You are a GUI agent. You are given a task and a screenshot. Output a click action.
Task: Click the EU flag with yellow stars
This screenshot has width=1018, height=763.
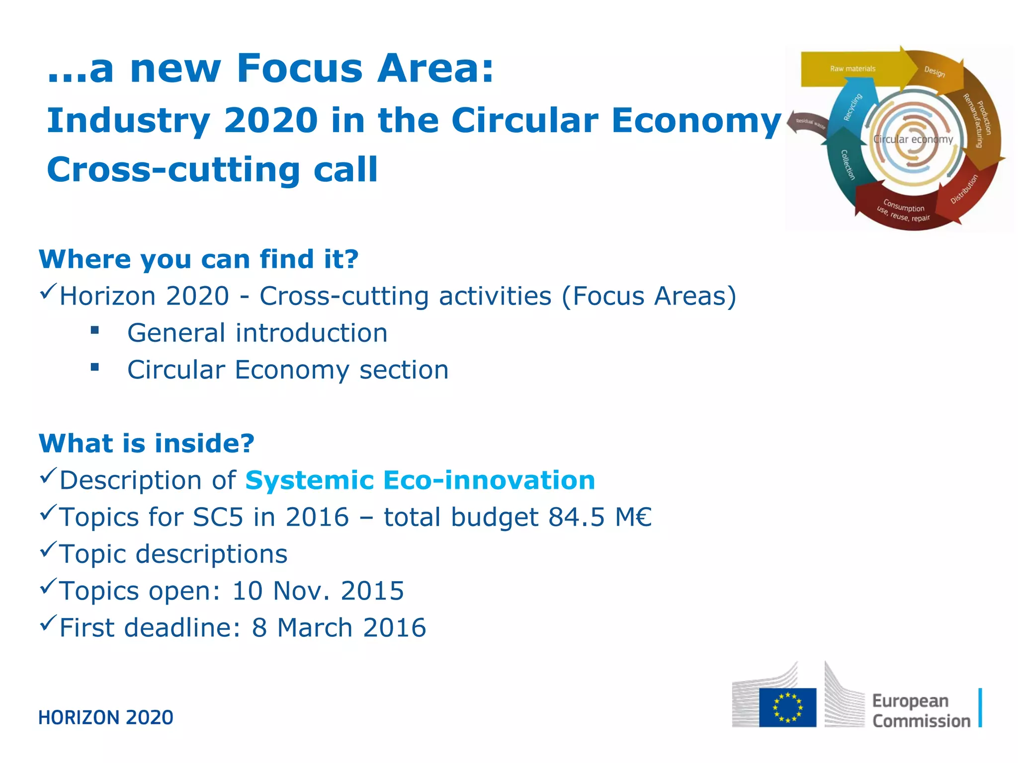787,707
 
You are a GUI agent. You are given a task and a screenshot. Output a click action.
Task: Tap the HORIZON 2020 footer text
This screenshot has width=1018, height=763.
106,718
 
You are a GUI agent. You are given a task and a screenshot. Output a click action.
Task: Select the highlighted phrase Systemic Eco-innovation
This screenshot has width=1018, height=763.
420,480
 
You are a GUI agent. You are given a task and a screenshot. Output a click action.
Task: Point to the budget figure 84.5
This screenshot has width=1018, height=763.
576,517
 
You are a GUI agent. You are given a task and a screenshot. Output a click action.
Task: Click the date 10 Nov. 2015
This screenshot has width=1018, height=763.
318,591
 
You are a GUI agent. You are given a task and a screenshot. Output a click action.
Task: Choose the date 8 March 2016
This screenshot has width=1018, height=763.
339,627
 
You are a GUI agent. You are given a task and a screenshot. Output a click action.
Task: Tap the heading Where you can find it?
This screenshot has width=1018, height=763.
199,259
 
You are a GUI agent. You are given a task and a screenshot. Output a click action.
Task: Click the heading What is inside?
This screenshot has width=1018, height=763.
147,443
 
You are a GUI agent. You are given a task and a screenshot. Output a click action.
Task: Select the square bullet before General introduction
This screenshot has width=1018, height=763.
95,330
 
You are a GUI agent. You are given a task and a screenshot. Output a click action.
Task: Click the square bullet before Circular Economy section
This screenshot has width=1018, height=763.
95,368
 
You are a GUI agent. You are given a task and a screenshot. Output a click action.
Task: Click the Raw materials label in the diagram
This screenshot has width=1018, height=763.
852,69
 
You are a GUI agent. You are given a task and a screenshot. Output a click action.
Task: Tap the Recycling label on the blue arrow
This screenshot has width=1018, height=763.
853,107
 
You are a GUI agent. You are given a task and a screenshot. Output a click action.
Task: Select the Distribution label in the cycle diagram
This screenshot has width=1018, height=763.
964,189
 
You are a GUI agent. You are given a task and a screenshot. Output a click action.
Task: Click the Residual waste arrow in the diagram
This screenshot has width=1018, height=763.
808,123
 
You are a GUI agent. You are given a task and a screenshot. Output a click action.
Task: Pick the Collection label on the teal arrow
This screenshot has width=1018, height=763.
847,164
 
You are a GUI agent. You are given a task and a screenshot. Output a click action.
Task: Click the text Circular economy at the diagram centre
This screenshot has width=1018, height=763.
913,140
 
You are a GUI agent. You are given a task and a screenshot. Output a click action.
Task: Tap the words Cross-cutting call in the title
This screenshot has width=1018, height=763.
212,170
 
